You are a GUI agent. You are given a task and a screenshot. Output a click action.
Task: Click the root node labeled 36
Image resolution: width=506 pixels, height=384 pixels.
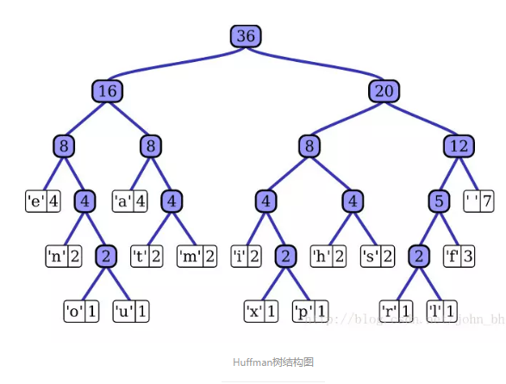(246, 36)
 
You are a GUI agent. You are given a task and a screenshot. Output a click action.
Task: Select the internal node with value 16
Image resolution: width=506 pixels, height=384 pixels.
(107, 90)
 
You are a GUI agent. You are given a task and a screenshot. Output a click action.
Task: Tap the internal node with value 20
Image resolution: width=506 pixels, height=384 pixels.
(384, 90)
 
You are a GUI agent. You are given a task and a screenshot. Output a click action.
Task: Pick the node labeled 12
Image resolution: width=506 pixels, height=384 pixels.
(459, 146)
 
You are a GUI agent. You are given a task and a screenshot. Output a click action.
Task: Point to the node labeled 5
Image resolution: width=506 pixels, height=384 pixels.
(440, 201)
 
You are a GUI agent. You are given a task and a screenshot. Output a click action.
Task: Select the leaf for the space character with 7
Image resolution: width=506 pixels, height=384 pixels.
(479, 201)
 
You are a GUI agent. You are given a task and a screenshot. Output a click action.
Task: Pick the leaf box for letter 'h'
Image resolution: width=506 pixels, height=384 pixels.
(328, 256)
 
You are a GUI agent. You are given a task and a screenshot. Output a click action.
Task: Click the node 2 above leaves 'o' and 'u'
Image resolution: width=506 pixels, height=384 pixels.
(105, 256)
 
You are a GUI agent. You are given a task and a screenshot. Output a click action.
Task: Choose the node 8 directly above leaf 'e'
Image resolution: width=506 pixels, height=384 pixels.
(63, 146)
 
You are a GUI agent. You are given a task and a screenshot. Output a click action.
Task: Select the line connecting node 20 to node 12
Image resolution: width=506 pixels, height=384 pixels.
(422, 118)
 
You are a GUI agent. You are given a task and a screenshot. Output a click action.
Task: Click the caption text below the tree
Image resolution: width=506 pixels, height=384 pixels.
(272, 362)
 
